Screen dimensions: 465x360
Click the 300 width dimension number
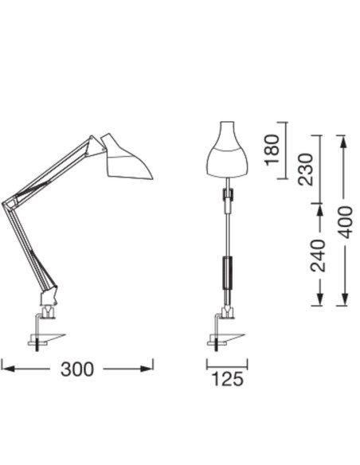tap(77, 369)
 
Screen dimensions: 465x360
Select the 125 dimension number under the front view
tap(228, 380)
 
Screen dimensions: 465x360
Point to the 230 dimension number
tap(307, 168)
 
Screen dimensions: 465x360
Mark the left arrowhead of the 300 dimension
tap(6, 368)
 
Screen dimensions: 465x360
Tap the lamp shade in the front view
tap(228, 153)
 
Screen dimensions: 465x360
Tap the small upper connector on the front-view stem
tap(228, 193)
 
